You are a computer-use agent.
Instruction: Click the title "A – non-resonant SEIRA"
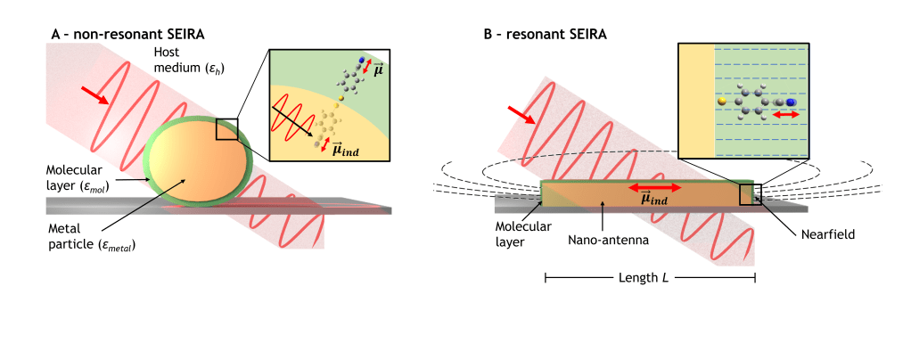click(x=128, y=34)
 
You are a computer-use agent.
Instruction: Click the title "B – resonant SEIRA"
click(x=545, y=34)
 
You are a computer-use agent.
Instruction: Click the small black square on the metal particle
click(x=226, y=128)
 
